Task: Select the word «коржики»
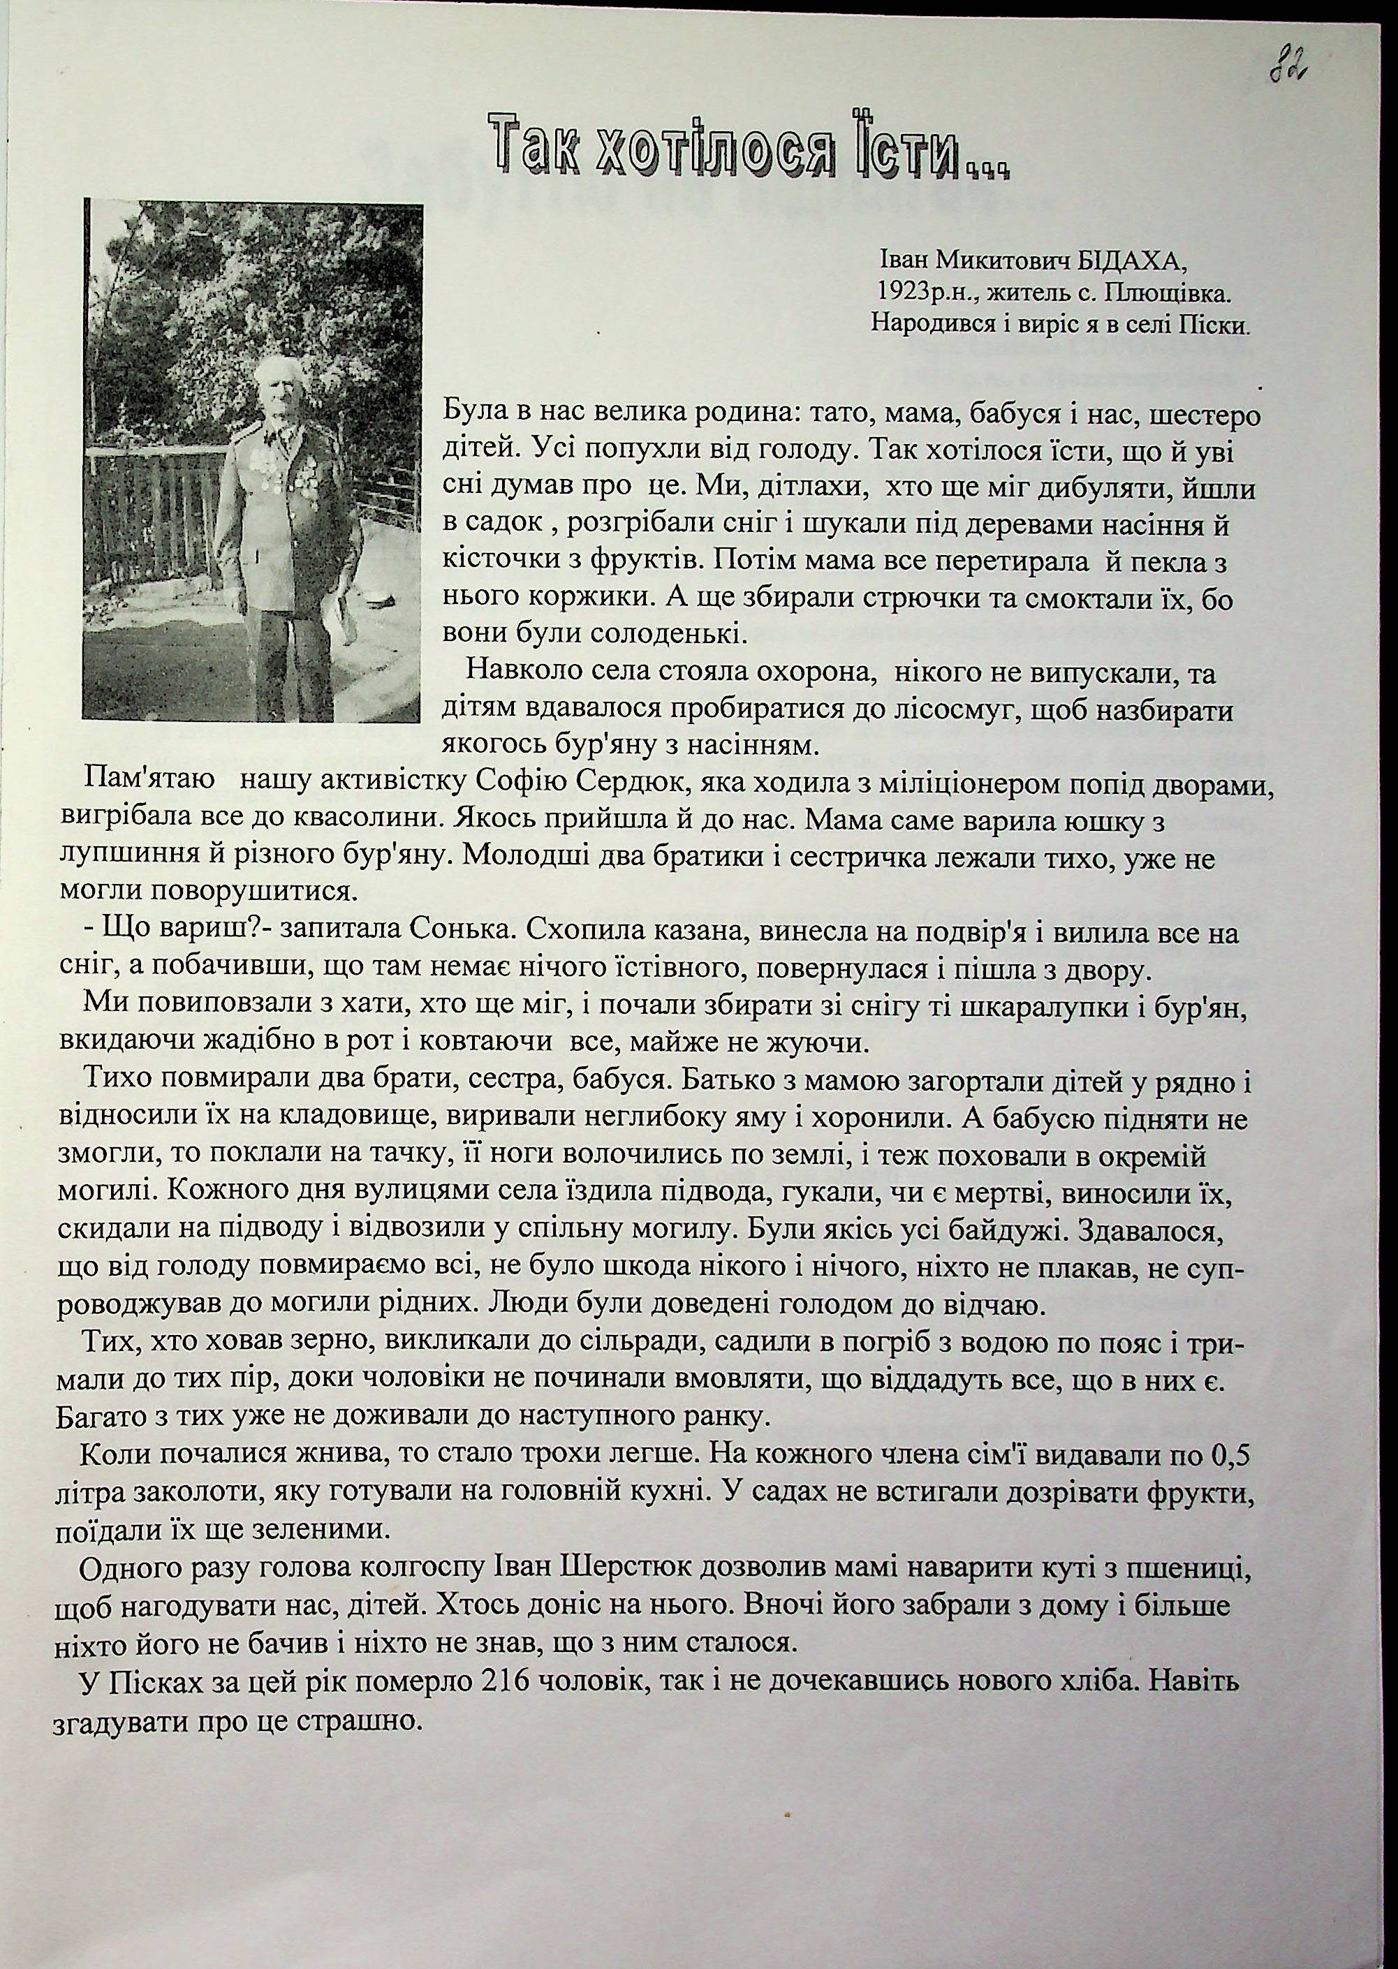[620, 598]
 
